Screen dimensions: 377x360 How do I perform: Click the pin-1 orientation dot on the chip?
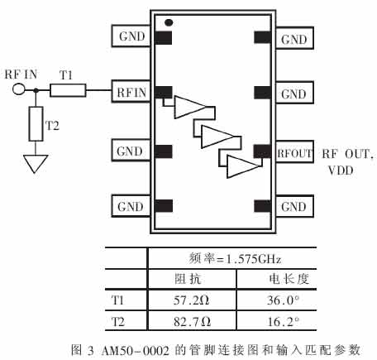[169, 22]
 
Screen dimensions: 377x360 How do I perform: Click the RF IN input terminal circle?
[19, 89]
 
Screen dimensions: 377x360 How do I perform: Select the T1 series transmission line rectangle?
[68, 90]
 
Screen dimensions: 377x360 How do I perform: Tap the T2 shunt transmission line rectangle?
[36, 124]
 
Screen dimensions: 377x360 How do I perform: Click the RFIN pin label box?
[131, 92]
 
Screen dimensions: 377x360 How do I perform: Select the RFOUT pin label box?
[294, 152]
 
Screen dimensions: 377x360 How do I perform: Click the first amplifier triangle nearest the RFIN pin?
[189, 107]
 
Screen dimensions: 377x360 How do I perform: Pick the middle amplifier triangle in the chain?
[217, 137]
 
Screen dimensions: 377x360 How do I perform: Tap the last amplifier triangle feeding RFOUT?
[243, 166]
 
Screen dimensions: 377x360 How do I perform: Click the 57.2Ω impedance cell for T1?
[192, 300]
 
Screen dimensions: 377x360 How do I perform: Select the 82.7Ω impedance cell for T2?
[192, 321]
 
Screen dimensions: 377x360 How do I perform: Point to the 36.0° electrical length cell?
[283, 300]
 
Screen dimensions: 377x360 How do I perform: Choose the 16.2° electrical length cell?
[284, 321]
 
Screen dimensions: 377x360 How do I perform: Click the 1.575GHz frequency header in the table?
[254, 259]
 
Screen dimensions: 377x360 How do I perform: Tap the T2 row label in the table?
[118, 322]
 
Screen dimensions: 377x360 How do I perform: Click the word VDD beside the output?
[341, 170]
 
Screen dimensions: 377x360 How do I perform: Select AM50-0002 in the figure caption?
[135, 351]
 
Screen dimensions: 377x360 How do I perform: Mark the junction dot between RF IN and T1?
[36, 90]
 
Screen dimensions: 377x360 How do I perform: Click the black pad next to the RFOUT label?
[262, 151]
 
